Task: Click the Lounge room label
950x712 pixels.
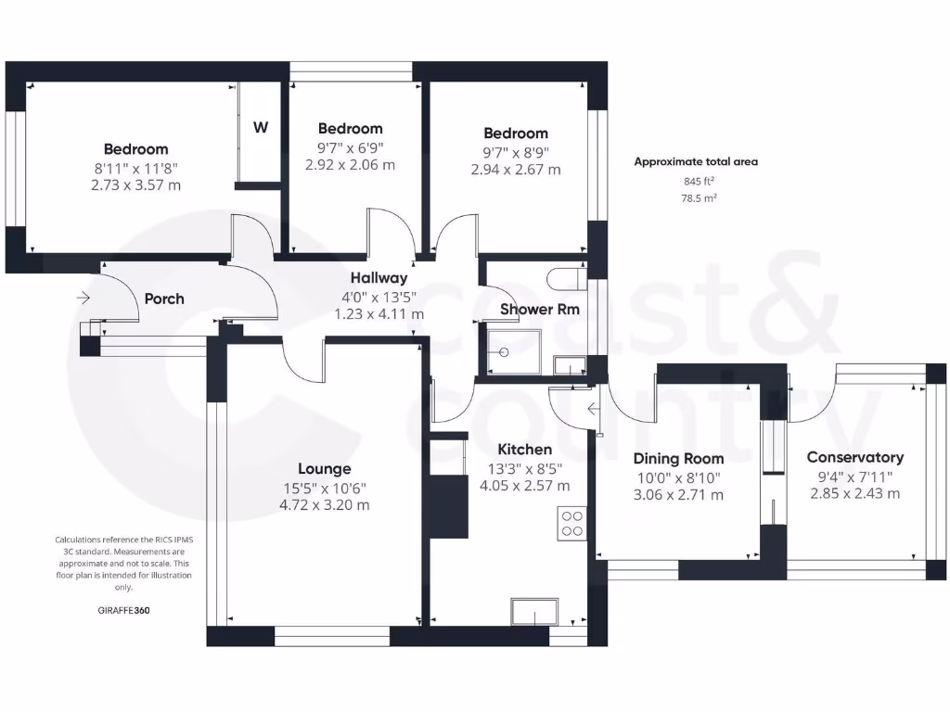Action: click(324, 468)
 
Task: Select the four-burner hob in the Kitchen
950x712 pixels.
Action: click(571, 524)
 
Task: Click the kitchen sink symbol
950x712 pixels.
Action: click(534, 612)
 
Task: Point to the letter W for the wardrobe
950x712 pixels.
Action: click(261, 127)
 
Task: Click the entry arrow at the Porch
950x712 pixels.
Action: click(83, 298)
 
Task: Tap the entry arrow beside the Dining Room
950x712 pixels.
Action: click(594, 410)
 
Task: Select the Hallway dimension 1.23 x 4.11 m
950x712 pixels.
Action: click(379, 314)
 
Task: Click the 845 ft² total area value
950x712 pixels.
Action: click(700, 181)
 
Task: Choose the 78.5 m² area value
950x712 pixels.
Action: click(700, 198)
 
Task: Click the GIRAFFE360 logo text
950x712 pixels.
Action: click(123, 610)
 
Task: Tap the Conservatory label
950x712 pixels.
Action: click(854, 457)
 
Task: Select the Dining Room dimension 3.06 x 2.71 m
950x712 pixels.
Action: click(678, 495)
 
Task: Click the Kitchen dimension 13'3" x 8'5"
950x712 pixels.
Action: click(525, 468)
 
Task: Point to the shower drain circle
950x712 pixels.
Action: click(504, 352)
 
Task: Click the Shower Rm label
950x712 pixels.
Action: click(539, 310)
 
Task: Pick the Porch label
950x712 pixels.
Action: click(164, 299)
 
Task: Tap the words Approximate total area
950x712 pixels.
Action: click(696, 161)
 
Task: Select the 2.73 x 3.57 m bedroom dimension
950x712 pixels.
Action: click(135, 185)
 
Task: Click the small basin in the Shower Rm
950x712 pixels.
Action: click(570, 366)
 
